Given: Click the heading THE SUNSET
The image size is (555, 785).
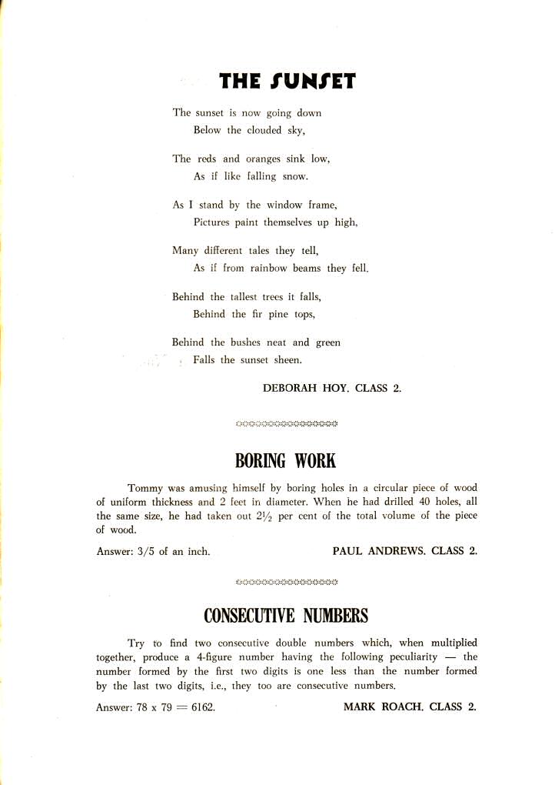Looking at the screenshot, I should pos(287,81).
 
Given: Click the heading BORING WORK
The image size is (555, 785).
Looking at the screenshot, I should pos(285,461).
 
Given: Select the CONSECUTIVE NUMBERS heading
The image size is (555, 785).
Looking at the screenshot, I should pos(285,616).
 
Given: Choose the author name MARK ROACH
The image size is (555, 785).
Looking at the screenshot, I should pos(384,706).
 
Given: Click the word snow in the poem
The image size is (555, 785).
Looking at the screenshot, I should pos(296,176).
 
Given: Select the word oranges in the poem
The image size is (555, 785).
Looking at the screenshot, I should pos(264,159).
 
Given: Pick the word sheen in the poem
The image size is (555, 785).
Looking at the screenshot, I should pos(288,360).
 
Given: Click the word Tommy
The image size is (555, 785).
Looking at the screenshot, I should pos(145,488).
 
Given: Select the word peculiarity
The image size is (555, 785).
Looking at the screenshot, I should pos(406,656).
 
